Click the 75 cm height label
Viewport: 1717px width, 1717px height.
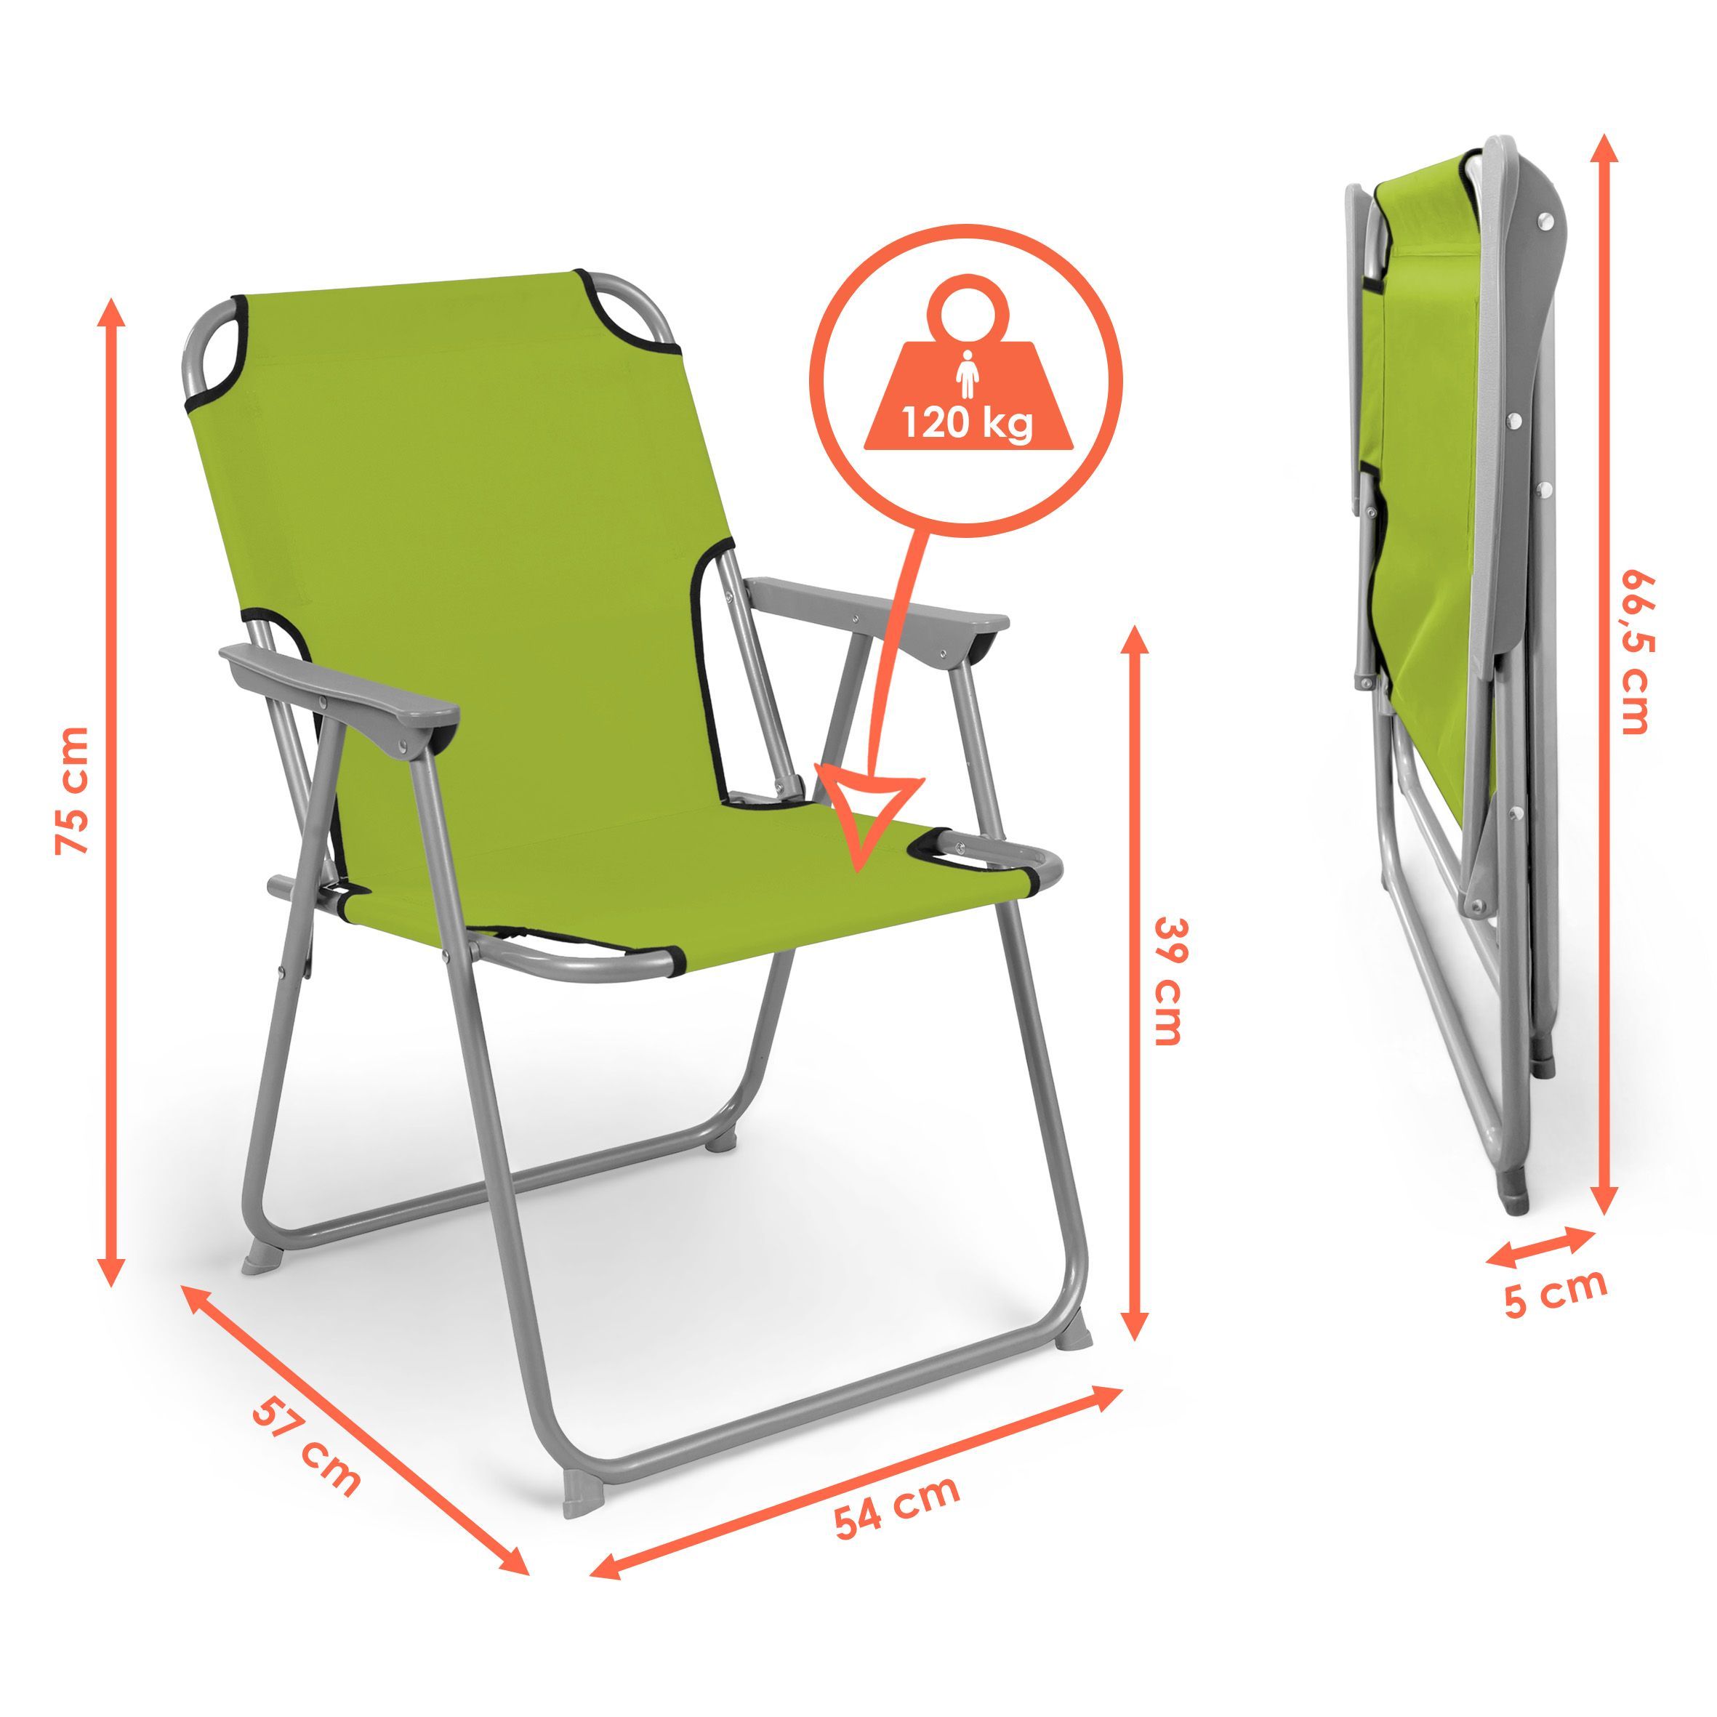tap(72, 789)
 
